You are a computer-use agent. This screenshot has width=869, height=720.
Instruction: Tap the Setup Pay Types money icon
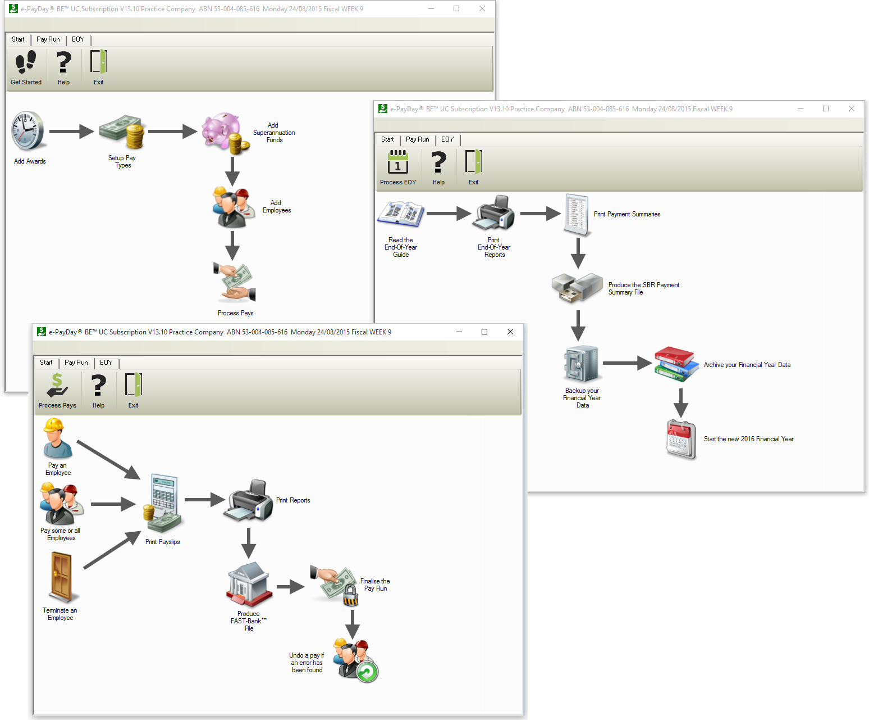pyautogui.click(x=122, y=132)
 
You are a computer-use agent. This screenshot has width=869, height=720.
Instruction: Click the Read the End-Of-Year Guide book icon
pyautogui.click(x=401, y=214)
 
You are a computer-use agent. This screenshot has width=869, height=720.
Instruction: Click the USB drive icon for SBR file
pyautogui.click(x=577, y=287)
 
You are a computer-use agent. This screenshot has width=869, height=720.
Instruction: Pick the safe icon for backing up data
pyautogui.click(x=582, y=364)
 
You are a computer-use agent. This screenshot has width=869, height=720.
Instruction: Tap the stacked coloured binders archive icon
pyautogui.click(x=676, y=364)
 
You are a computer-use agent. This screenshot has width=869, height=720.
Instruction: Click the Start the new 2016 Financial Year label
pyautogui.click(x=748, y=439)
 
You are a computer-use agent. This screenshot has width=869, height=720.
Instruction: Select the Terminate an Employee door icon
pyautogui.click(x=61, y=577)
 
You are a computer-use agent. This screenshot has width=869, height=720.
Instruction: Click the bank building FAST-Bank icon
pyautogui.click(x=249, y=585)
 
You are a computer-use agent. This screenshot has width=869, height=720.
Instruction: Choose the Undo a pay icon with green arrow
pyautogui.click(x=355, y=660)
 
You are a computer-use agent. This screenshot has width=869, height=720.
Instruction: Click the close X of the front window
pyautogui.click(x=510, y=332)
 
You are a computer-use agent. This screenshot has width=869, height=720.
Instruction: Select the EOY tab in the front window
pyautogui.click(x=106, y=363)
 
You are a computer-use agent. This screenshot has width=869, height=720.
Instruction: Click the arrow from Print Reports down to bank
pyautogui.click(x=249, y=542)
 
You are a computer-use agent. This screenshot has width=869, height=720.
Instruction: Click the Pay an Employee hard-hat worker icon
pyautogui.click(x=57, y=438)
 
